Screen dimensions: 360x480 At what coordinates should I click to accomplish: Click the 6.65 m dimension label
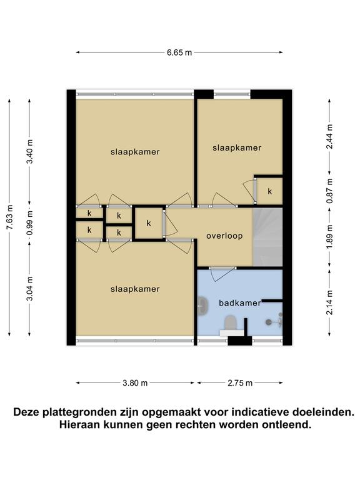pyautogui.click(x=179, y=52)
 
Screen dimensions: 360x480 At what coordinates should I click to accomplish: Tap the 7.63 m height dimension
pyautogui.click(x=9, y=217)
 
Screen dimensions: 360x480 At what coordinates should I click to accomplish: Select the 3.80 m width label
pyautogui.click(x=135, y=383)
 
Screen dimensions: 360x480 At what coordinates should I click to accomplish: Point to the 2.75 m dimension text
pyautogui.click(x=240, y=383)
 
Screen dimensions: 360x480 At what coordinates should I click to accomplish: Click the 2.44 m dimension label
pyautogui.click(x=329, y=136)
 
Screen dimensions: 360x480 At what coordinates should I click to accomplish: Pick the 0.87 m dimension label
pyautogui.click(x=329, y=191)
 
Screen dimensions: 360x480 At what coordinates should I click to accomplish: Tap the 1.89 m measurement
pyautogui.click(x=329, y=237)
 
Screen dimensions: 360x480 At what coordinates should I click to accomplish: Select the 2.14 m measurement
pyautogui.click(x=329, y=302)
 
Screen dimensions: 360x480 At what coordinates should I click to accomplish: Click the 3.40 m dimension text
pyautogui.click(x=30, y=151)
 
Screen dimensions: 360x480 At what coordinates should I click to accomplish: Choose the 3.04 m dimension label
pyautogui.click(x=30, y=289)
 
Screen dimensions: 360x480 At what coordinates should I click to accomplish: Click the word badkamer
pyautogui.click(x=240, y=303)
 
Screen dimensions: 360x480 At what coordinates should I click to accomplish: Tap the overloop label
pyautogui.click(x=224, y=236)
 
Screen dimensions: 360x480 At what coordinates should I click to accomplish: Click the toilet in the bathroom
pyautogui.click(x=231, y=324)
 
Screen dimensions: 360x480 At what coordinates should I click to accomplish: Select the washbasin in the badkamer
pyautogui.click(x=202, y=306)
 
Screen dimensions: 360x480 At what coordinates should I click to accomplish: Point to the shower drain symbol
pyautogui.click(x=269, y=322)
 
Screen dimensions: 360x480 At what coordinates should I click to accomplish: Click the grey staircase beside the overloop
pyautogui.click(x=267, y=237)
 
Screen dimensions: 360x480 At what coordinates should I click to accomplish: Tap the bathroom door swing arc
pyautogui.click(x=224, y=275)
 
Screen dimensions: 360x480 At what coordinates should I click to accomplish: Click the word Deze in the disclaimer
pyautogui.click(x=26, y=412)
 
